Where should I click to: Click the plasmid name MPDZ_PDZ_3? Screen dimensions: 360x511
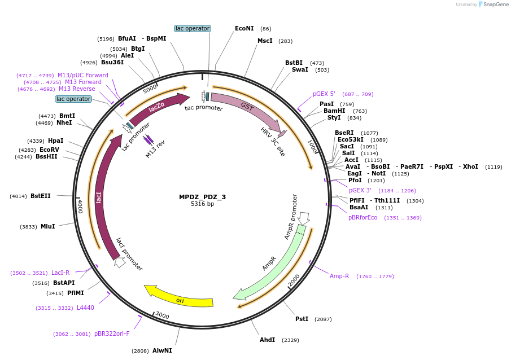tap(202, 197)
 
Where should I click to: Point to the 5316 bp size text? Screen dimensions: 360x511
tap(202, 204)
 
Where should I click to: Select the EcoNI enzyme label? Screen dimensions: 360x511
tap(244, 28)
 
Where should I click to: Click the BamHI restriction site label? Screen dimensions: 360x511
tap(334, 111)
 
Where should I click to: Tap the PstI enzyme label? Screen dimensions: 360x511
tap(302, 319)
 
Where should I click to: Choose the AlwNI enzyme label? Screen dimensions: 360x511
tap(162, 350)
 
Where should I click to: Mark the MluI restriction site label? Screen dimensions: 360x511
tap(47, 226)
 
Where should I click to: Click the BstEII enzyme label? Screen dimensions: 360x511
tap(41, 196)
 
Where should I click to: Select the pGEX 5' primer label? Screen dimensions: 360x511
tap(324, 94)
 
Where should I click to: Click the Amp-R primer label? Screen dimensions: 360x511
tap(339, 276)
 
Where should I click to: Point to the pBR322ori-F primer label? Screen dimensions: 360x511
tap(112, 333)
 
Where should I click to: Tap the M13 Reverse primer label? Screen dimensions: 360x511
tap(77, 89)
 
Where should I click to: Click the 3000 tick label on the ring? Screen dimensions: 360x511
tap(162, 315)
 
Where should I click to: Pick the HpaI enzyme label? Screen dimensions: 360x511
tap(56, 141)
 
